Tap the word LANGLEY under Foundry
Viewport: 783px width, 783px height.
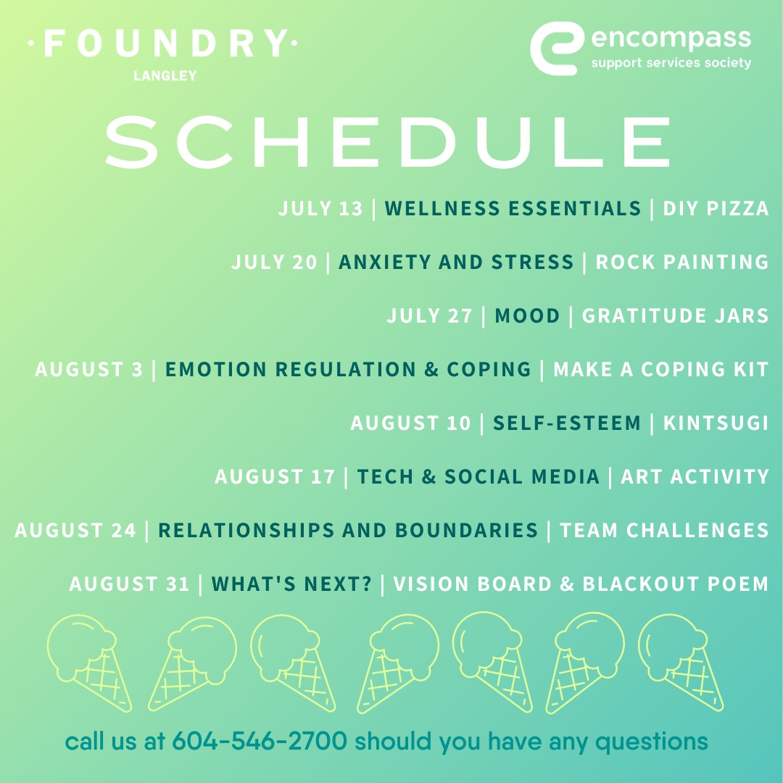point(165,76)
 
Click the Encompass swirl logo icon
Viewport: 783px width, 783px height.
point(557,49)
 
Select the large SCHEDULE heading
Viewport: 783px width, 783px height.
point(387,142)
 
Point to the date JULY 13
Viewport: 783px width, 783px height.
point(320,208)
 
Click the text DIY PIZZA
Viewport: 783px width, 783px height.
point(716,208)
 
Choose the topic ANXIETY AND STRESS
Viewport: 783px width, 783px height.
point(456,262)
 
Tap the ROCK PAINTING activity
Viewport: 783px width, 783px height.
point(682,262)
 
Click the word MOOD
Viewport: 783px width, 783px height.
point(527,315)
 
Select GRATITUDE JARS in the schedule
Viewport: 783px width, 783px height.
point(675,315)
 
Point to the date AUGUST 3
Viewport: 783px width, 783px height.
point(89,370)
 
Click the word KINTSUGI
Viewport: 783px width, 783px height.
point(716,423)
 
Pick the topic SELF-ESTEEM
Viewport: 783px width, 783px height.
point(566,423)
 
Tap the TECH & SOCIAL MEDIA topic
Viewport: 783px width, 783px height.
point(478,477)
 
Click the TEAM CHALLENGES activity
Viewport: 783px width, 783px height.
point(664,530)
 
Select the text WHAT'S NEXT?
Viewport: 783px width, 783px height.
point(291,584)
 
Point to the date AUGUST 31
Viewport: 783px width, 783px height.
point(129,584)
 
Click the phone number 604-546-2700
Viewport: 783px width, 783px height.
point(260,741)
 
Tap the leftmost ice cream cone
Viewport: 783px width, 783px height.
point(89,663)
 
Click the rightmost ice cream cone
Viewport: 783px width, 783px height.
point(681,662)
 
